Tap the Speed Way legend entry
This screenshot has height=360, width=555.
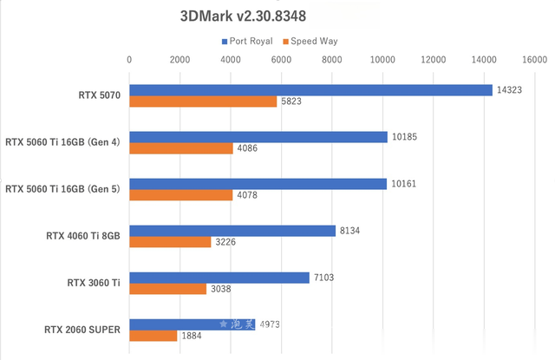[x=313, y=41]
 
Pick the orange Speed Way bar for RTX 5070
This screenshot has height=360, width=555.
[x=203, y=101]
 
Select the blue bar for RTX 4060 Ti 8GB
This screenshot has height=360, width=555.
[x=232, y=230]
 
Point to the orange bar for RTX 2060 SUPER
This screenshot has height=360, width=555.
[x=153, y=336]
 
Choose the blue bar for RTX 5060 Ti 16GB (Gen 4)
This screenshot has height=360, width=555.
[x=258, y=136]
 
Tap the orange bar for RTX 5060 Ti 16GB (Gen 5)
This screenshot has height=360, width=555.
[x=181, y=195]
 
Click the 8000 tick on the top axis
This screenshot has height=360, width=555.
[x=331, y=60]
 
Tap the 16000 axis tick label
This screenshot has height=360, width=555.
[x=533, y=60]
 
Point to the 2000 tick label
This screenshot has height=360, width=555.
[x=180, y=60]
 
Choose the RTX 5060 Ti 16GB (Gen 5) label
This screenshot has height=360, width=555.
[x=62, y=189]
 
